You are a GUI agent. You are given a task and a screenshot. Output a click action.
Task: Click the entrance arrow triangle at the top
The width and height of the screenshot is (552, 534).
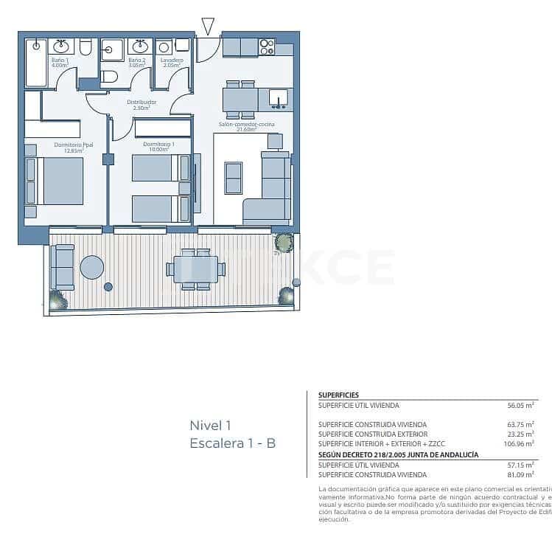(x=208, y=27)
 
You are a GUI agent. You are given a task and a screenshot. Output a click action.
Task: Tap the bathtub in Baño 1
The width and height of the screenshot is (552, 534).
(x=35, y=64)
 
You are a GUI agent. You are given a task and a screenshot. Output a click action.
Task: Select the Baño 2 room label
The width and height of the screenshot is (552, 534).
(x=136, y=63)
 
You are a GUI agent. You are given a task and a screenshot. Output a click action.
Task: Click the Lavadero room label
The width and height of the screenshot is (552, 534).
(x=172, y=63)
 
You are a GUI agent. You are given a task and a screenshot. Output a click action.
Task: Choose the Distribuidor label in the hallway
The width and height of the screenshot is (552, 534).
(x=142, y=105)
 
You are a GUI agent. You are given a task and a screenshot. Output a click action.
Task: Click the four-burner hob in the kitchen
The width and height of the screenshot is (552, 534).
(x=267, y=47)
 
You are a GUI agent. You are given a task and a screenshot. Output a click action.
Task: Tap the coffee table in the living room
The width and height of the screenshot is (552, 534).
(x=234, y=177)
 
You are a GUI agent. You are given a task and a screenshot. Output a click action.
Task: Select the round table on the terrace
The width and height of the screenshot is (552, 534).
(x=92, y=267)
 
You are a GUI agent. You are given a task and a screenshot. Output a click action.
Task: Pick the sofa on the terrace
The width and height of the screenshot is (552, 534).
(x=62, y=267)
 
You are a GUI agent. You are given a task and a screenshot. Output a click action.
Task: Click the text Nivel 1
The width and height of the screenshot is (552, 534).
(x=211, y=425)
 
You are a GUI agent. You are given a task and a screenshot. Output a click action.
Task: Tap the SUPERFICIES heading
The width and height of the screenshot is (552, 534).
(x=338, y=395)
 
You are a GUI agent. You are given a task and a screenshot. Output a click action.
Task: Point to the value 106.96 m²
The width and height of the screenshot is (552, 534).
(x=518, y=444)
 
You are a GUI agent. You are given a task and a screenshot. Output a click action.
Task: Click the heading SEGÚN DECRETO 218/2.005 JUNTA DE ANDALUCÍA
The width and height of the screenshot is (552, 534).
(x=398, y=455)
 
